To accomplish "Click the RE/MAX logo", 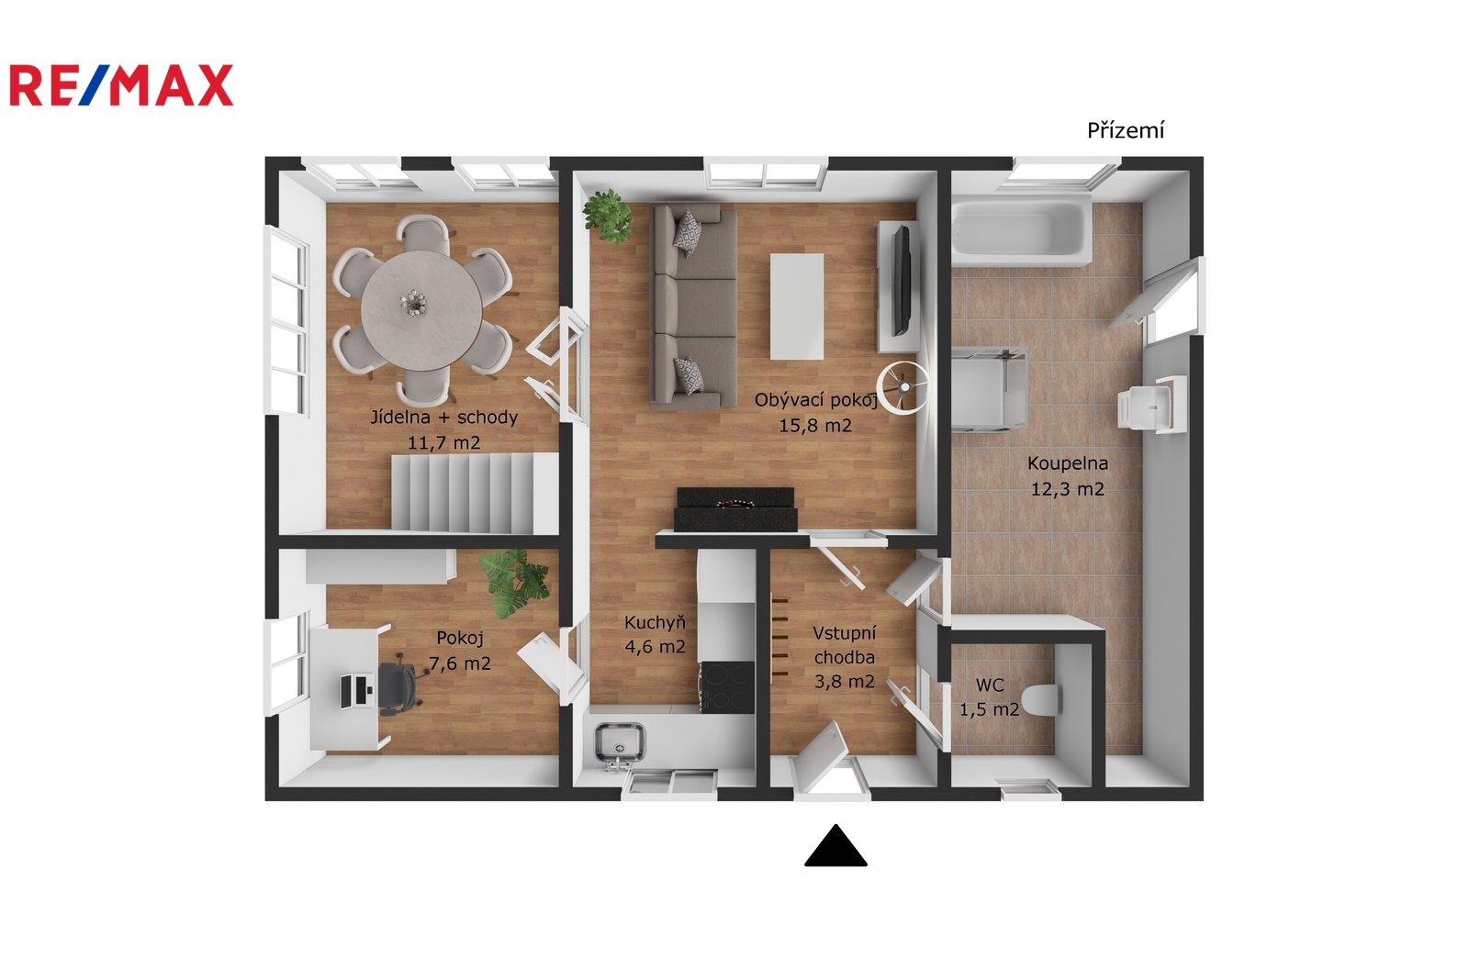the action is pos(121,85).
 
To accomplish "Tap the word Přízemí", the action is pos(1126,130).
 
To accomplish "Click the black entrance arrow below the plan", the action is pos(835,845).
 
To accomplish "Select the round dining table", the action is pos(421,310).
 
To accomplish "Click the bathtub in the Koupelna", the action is pos(1020,230).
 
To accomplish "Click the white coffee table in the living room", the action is pos(797,306).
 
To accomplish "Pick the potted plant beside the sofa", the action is pos(609,217).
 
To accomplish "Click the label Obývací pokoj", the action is pos(816,400).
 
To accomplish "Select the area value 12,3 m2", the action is pos(1068,489).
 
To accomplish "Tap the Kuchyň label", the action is pos(656,622).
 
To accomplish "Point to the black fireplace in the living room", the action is pos(735,509).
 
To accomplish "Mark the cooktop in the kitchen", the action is pos(727,686).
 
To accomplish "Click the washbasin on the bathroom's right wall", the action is pos(1151,405).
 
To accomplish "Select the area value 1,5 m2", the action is pos(990,709).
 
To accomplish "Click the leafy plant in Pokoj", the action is pos(513,583).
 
